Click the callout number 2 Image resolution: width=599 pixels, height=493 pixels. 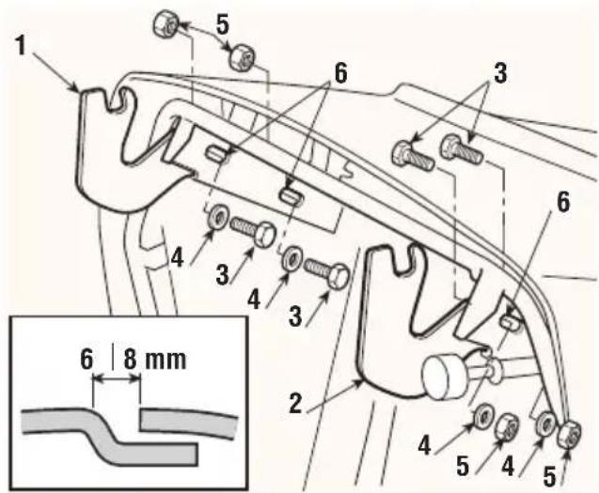[x=295, y=404]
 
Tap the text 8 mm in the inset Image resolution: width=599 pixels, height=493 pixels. [x=155, y=359]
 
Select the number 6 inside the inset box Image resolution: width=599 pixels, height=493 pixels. [x=87, y=359]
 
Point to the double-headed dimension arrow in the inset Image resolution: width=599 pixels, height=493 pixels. [x=118, y=378]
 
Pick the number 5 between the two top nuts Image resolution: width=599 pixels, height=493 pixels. [x=223, y=25]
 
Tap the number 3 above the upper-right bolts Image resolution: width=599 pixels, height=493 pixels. [x=500, y=72]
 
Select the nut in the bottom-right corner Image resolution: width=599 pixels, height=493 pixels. [x=570, y=434]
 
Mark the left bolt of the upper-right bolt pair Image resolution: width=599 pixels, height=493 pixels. [x=414, y=155]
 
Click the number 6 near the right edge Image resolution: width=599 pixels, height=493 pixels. [x=562, y=202]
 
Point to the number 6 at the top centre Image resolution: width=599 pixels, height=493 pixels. [x=340, y=72]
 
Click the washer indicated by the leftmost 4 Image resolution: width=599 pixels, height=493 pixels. [x=218, y=218]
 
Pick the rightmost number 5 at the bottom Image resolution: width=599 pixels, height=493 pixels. [x=549, y=477]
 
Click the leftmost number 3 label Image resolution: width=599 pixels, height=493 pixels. [x=222, y=275]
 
